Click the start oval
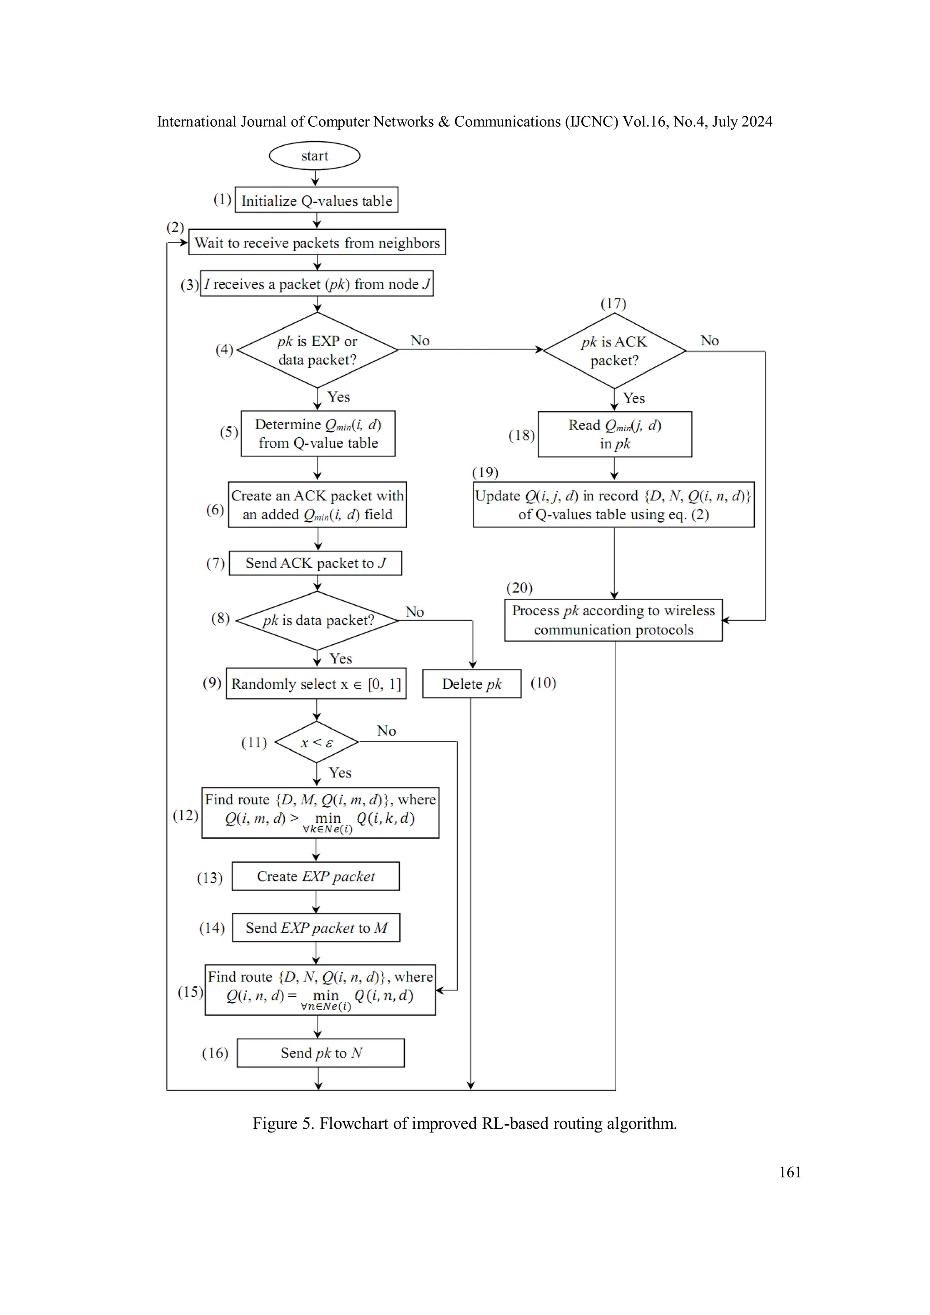pyautogui.click(x=314, y=156)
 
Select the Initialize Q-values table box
pyautogui.click(x=316, y=200)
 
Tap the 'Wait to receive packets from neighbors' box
pyautogui.click(x=317, y=242)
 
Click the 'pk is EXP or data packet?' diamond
pyautogui.click(x=317, y=350)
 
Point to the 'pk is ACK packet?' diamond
pyautogui.click(x=614, y=351)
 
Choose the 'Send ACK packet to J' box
pyautogui.click(x=315, y=563)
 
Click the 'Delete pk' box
pyautogui.click(x=471, y=684)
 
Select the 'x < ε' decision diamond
pyautogui.click(x=317, y=742)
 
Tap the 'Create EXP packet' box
pyautogui.click(x=316, y=876)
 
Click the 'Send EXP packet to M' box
pyautogui.click(x=316, y=928)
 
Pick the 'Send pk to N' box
pyautogui.click(x=321, y=1053)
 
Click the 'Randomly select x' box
pyautogui.click(x=316, y=684)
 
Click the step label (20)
pyautogui.click(x=519, y=588)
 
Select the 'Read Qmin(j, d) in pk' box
pyautogui.click(x=614, y=434)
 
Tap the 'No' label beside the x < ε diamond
pyautogui.click(x=386, y=731)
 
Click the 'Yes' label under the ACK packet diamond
pyautogui.click(x=634, y=398)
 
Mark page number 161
pyautogui.click(x=790, y=1172)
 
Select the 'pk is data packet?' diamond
pyautogui.click(x=317, y=620)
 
